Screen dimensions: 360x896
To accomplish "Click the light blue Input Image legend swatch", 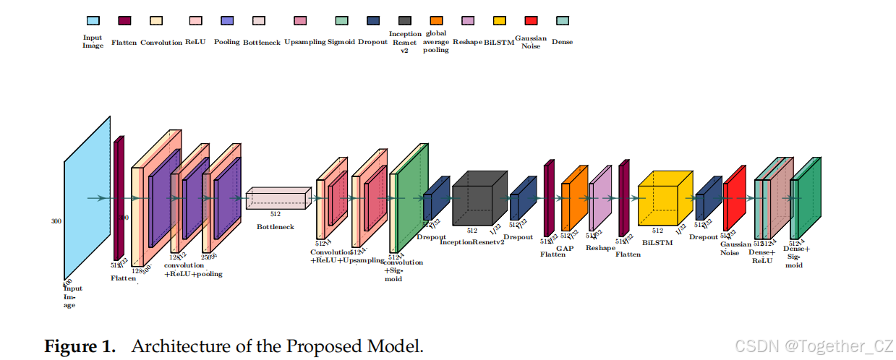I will pyautogui.click(x=93, y=21).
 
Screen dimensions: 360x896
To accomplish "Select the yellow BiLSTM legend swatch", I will pyautogui.click(x=499, y=21).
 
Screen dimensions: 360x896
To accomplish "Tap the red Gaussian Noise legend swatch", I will pyautogui.click(x=532, y=21).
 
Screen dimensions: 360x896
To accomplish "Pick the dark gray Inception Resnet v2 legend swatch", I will pyautogui.click(x=405, y=21).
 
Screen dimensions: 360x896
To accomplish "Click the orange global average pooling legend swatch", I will pyautogui.click(x=436, y=21).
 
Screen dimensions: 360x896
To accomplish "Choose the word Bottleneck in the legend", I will pyautogui.click(x=261, y=43).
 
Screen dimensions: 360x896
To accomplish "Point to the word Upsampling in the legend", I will pyautogui.click(x=304, y=43).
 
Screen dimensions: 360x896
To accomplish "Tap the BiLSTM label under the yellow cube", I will pyautogui.click(x=657, y=244).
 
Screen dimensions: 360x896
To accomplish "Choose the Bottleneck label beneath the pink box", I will pyautogui.click(x=276, y=227).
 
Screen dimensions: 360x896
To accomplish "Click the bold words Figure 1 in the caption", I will pyautogui.click(x=80, y=346).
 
